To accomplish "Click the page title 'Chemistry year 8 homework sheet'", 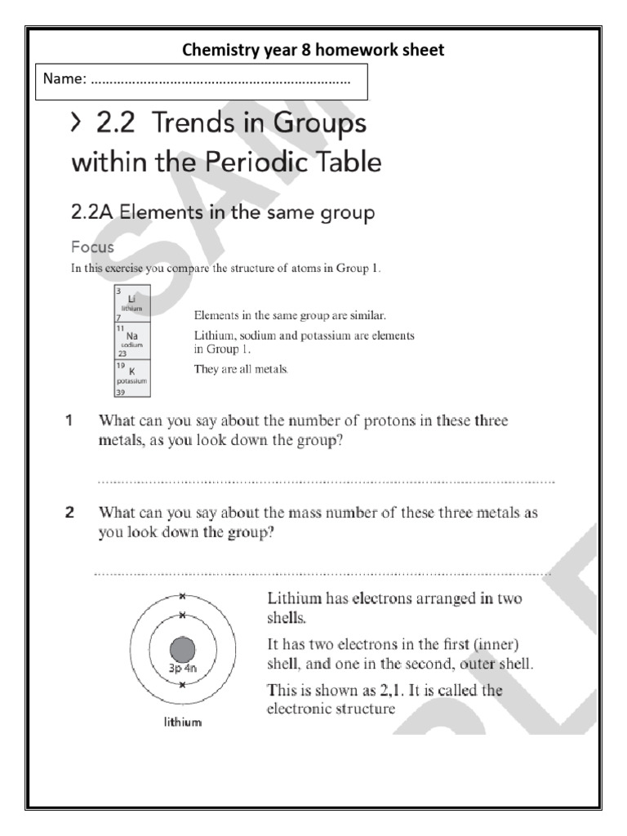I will [x=313, y=50].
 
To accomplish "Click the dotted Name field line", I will [x=220, y=81].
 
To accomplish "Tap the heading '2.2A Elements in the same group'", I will [x=223, y=213].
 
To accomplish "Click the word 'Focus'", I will [x=92, y=247].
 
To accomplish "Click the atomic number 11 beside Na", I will [x=120, y=328].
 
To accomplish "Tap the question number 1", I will [x=70, y=421].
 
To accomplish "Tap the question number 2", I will [x=70, y=514].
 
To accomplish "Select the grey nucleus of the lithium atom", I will [x=182, y=651].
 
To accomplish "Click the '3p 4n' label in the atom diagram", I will [x=181, y=669].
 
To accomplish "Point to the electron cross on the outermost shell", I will [x=183, y=595].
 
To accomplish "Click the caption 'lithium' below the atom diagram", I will [x=182, y=723].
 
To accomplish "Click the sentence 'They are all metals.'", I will [x=241, y=369].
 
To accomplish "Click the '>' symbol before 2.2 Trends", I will [x=76, y=123].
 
